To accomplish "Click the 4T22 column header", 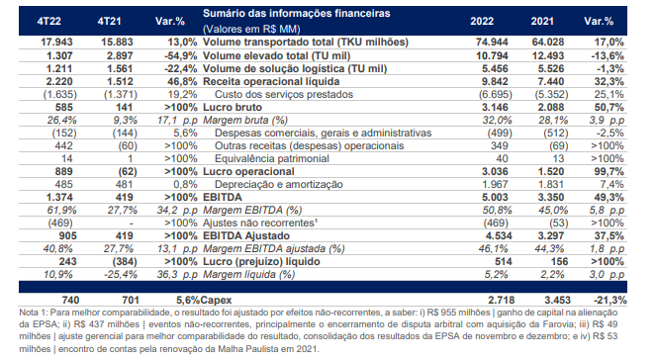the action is (48, 22).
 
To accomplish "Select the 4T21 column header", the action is (109, 22).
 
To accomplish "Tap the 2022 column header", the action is (482, 22).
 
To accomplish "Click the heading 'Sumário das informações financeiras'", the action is (296, 14).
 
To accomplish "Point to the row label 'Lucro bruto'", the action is (233, 107).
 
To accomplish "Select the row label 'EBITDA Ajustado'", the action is (246, 235).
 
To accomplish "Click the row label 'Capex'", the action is (216, 300).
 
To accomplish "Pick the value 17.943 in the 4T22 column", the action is (56, 43).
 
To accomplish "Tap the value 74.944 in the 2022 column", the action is (492, 43).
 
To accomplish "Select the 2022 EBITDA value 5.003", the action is (495, 198).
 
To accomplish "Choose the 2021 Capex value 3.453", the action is (557, 300).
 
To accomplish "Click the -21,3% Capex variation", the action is (609, 300).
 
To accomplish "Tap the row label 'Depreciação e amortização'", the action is (279, 184).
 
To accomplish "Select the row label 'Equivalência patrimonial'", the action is (272, 159).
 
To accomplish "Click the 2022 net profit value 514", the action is (504, 262).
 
